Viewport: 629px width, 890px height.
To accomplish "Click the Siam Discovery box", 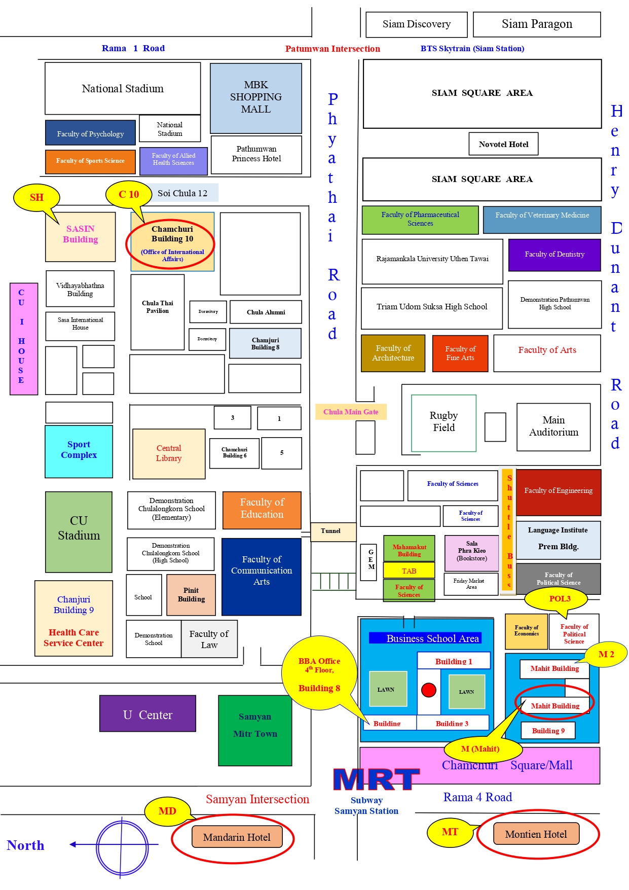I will (x=416, y=24).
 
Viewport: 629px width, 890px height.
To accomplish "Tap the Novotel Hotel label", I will (x=503, y=144).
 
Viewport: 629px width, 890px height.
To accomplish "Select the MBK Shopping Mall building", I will (x=256, y=97).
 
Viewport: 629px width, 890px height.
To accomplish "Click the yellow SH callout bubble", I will (x=36, y=197).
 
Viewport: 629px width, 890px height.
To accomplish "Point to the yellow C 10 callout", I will (x=129, y=194).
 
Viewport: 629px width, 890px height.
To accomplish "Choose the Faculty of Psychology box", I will (x=90, y=133).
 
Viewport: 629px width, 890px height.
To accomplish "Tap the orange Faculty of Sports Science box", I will (x=90, y=161).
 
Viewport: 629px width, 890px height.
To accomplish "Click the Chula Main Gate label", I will (x=351, y=412).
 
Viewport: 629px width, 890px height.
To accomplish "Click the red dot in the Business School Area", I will (x=429, y=690).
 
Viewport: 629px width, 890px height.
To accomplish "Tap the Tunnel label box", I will (x=330, y=531).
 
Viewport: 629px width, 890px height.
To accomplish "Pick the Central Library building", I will (x=169, y=453).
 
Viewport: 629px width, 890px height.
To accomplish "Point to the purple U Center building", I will (x=147, y=714).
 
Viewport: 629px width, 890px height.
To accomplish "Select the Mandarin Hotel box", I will (x=237, y=837).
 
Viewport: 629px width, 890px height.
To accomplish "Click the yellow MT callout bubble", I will (x=450, y=832).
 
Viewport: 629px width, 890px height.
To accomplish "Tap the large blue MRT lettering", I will (x=376, y=779).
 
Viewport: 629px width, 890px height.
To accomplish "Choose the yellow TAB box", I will (x=409, y=571).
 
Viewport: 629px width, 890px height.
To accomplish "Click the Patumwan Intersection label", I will (x=332, y=49).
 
